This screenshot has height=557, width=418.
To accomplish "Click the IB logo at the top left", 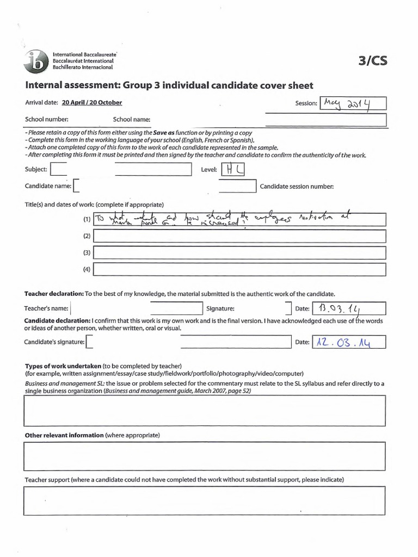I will [x=36, y=61].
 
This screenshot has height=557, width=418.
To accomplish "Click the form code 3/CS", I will [x=373, y=61].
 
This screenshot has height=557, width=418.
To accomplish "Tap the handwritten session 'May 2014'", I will [x=353, y=103].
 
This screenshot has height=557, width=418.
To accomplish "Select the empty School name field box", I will [x=325, y=120].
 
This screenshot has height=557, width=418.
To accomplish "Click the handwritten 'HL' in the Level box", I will [x=233, y=170].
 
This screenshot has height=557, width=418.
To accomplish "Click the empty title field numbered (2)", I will [x=239, y=237].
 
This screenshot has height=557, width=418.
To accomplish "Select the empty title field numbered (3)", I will [x=239, y=253].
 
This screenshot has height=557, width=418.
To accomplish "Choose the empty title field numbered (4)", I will [x=239, y=270].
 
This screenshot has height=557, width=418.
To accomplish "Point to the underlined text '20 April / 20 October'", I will [x=92, y=102].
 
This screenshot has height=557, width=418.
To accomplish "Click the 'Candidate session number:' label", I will [x=297, y=186].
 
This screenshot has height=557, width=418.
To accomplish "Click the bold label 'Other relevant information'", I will [x=64, y=435].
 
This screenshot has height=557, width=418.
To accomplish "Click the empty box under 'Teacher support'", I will [x=204, y=500].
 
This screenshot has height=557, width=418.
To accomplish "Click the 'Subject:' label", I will [x=36, y=170].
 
